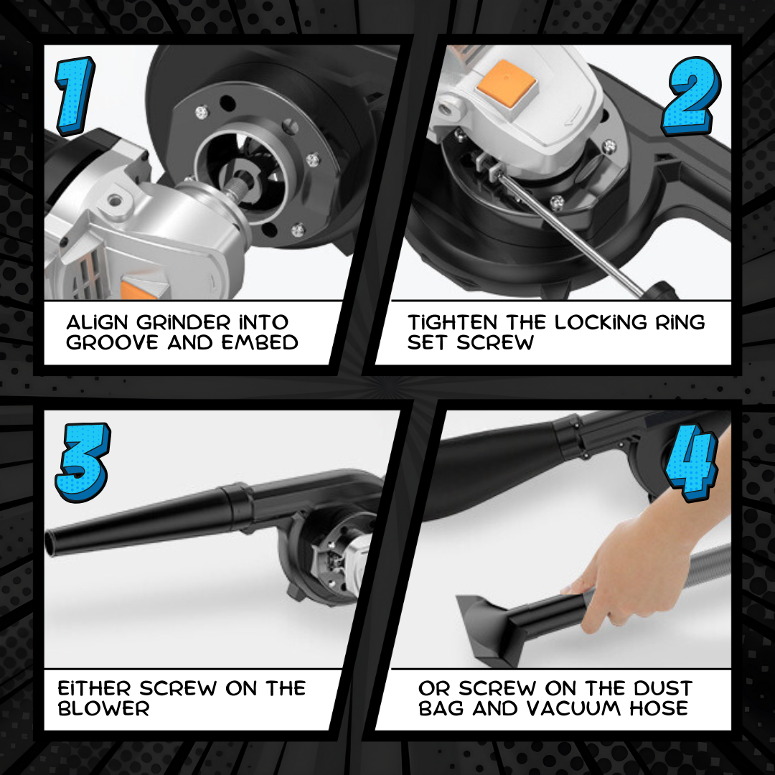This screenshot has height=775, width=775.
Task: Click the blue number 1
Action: (x=75, y=95)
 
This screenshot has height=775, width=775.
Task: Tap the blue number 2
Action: (x=692, y=96)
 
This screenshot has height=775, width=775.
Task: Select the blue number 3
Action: (x=83, y=461)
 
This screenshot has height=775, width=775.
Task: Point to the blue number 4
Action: (x=692, y=462)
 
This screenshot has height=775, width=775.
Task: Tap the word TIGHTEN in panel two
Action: (x=452, y=322)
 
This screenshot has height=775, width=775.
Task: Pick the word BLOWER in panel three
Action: (x=103, y=708)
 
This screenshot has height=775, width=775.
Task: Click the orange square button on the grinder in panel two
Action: (x=506, y=83)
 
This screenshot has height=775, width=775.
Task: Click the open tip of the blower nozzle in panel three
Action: (x=50, y=544)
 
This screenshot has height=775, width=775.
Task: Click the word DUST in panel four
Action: (x=663, y=688)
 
